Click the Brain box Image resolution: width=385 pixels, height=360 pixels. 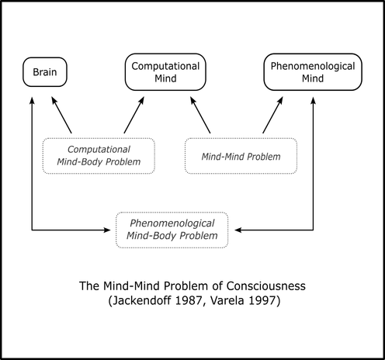click(45, 72)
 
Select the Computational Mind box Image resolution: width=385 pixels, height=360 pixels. click(165, 72)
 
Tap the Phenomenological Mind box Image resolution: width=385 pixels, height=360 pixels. click(313, 72)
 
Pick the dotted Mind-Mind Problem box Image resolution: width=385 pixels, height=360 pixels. click(241, 156)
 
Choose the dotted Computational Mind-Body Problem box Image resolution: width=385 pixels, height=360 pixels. click(99, 156)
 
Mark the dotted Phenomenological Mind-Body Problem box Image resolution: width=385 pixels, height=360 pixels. click(172, 230)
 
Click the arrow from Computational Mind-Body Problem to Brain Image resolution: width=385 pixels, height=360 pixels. click(61, 115)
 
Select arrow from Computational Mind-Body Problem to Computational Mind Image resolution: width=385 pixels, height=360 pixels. click(134, 115)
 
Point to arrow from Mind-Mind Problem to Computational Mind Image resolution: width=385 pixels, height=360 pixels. click(200, 115)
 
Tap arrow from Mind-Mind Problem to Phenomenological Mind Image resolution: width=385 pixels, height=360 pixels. click(272, 115)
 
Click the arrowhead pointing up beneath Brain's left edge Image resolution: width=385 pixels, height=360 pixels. click(32, 100)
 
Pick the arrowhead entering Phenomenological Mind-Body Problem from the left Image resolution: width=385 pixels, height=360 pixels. click(107, 230)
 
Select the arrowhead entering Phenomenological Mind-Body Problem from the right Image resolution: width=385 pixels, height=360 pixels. click(238, 230)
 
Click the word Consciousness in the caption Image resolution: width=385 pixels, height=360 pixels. click(266, 286)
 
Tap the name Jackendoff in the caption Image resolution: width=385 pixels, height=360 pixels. click(140, 300)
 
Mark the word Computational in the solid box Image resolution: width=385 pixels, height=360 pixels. click(165, 66)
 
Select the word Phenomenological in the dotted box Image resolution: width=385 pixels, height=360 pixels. click(172, 223)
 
